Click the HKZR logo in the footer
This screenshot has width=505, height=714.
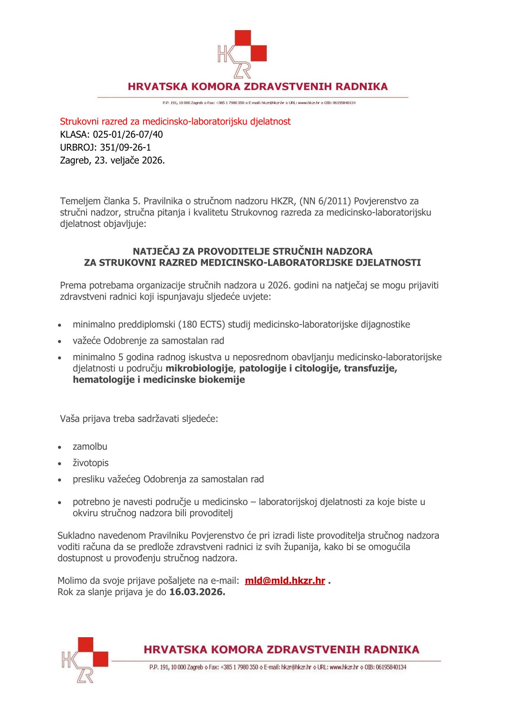84,659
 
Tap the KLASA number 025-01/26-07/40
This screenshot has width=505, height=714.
128,134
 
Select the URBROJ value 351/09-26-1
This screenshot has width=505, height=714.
125,148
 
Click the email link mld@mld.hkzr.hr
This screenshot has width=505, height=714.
285,581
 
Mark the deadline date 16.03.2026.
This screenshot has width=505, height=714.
197,592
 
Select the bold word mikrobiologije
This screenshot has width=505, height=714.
199,368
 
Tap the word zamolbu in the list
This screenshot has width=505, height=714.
90,446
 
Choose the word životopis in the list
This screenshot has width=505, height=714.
90,463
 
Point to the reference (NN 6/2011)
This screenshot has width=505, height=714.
325,201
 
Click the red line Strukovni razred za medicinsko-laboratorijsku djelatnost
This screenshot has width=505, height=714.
175,121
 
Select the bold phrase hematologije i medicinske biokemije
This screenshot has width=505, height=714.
159,380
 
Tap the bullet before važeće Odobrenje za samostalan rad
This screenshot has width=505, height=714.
60,342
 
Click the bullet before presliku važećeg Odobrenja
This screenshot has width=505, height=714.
60,480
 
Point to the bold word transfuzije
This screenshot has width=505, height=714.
370,368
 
